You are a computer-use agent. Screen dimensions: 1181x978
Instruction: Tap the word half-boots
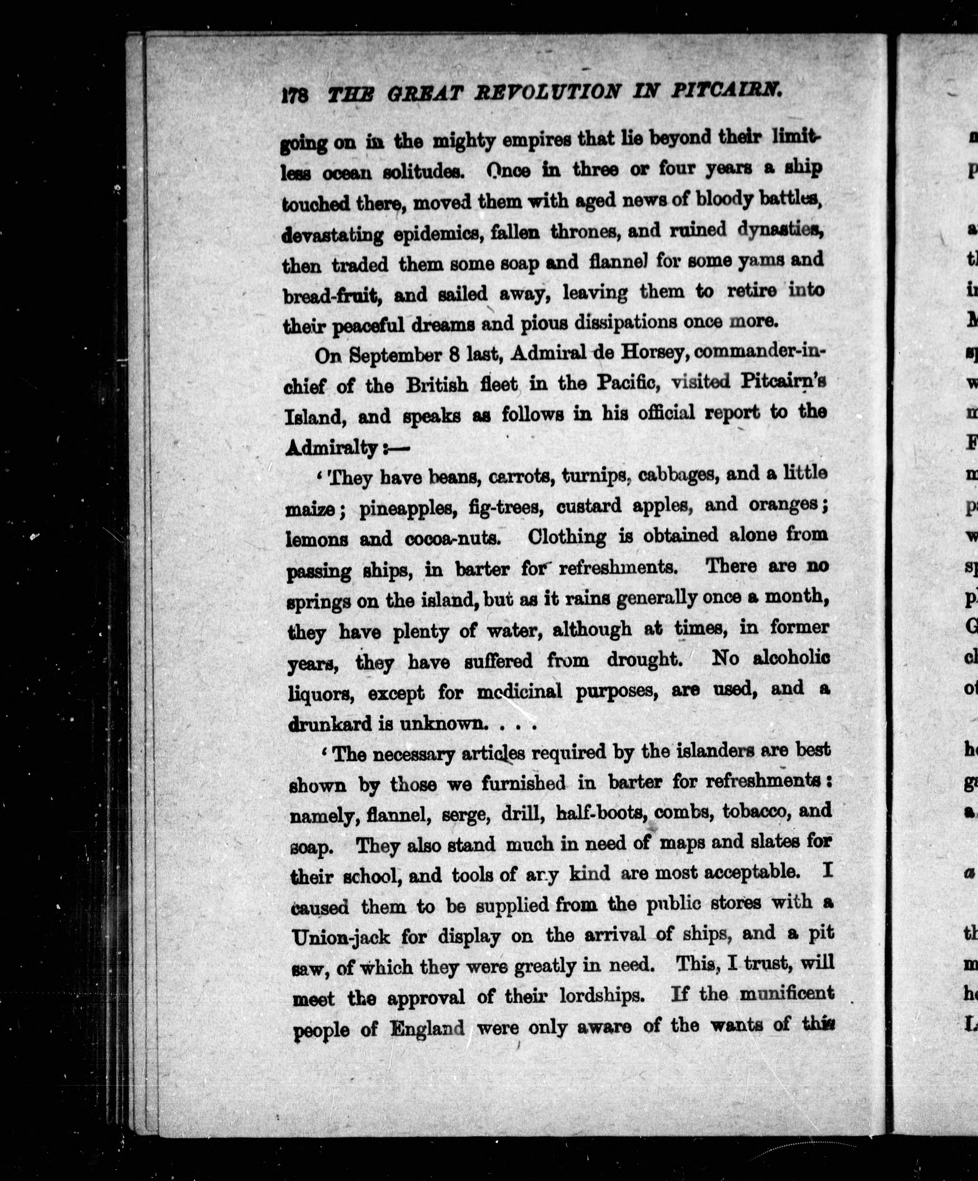point(600,811)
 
